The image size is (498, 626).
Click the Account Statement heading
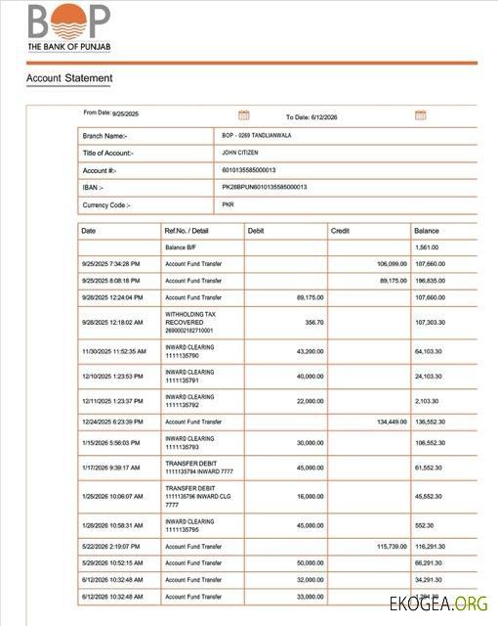tap(69, 78)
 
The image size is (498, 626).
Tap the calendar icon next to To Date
tap(420, 115)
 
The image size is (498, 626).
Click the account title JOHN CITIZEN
tap(242, 153)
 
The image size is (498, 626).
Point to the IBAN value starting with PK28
tap(265, 187)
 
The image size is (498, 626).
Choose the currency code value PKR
tap(228, 205)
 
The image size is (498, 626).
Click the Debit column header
tap(256, 231)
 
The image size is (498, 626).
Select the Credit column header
tap(341, 231)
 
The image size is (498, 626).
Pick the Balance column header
tap(427, 231)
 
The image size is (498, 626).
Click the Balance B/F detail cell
tap(181, 247)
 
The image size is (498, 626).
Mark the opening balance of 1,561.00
tap(427, 247)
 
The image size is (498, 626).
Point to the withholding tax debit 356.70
tap(313, 321)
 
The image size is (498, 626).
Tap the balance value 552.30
tap(425, 525)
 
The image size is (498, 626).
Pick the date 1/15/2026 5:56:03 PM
tap(112, 442)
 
